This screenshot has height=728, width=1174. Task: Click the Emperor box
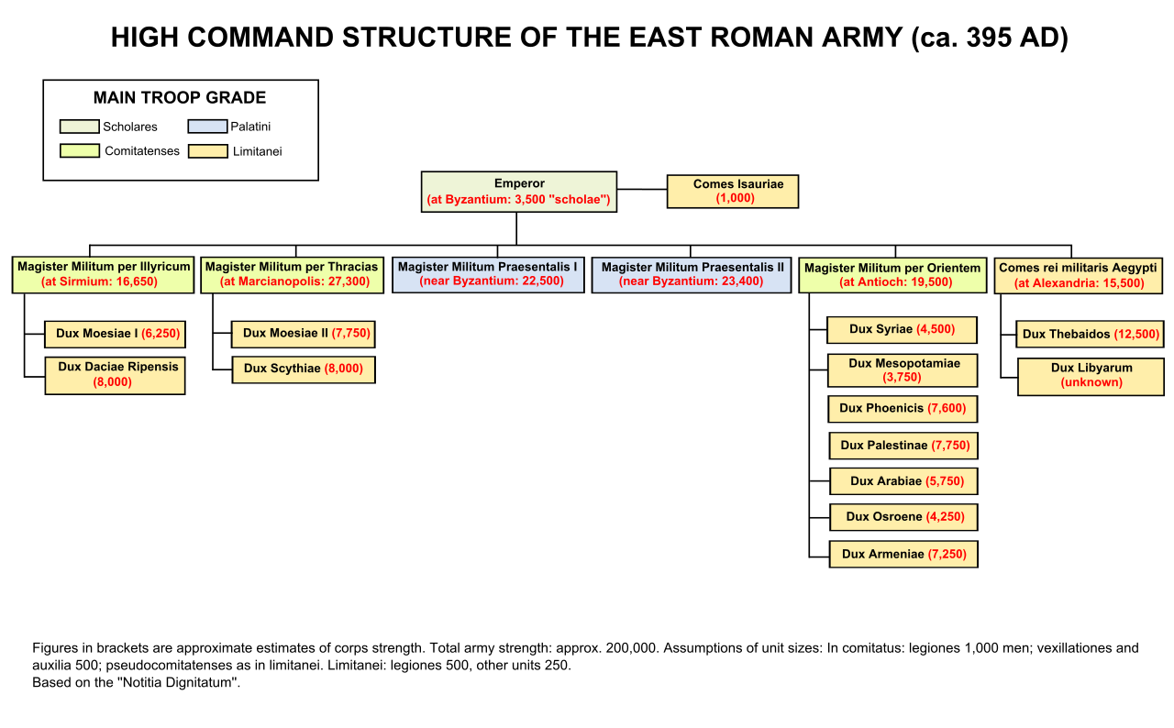518,192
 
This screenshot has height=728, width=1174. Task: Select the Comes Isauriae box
732,192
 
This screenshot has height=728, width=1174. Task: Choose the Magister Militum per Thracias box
292,275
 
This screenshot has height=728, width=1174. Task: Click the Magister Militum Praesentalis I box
488,275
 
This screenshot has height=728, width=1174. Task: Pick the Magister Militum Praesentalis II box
691,275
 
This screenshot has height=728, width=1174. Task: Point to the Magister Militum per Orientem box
892,275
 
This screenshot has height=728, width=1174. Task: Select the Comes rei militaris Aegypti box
1078,275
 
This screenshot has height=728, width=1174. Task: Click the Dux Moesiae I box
115,334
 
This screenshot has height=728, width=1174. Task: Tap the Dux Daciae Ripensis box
115,375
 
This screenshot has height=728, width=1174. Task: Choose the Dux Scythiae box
303,370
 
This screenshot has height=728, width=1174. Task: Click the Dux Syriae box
902,330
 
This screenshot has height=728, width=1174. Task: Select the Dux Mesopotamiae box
902,370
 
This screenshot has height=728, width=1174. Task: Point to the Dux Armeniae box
903,555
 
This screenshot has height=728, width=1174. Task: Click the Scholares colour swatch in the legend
79,127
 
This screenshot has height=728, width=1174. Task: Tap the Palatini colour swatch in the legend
207,127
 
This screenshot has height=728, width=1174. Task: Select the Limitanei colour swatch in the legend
207,151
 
